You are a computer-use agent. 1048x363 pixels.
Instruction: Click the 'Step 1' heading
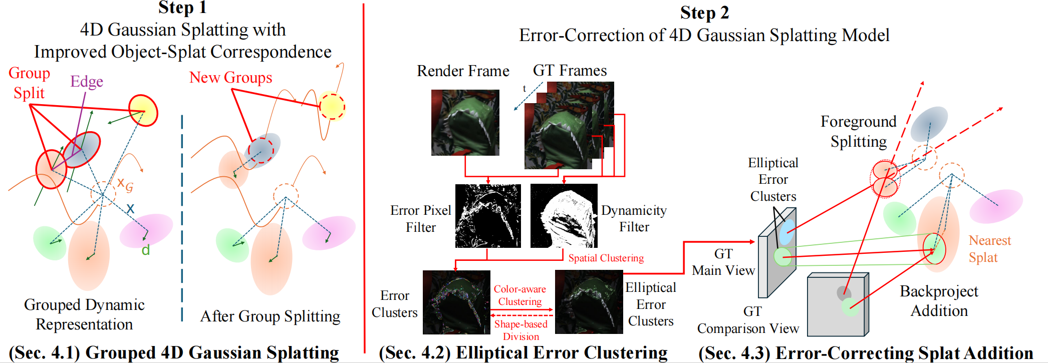182,8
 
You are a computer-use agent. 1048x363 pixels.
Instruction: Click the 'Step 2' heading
704,13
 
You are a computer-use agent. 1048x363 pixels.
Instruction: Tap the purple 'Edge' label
87,82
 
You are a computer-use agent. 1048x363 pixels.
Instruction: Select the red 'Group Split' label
29,83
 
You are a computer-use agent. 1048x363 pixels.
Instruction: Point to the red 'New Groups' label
230,78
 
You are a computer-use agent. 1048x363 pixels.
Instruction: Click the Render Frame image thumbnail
465,123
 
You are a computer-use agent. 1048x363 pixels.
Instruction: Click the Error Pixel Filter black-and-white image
487,216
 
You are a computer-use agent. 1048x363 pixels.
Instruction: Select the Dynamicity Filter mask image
564,216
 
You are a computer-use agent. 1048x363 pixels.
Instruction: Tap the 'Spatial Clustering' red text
606,258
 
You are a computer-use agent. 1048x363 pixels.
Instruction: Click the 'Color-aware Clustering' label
520,295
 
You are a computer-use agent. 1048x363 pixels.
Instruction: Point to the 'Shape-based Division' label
521,330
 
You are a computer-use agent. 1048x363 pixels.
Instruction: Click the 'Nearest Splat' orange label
989,249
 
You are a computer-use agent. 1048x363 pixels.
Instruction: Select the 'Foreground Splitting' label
858,131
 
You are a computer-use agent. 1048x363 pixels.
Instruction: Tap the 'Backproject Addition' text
939,301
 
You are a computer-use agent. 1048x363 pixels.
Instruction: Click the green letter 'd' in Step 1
146,250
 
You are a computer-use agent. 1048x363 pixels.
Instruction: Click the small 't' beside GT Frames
525,89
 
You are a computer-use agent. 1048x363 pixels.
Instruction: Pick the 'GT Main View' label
723,262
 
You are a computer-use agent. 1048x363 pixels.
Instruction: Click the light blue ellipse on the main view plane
787,227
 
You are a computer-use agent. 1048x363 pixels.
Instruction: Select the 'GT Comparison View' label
748,320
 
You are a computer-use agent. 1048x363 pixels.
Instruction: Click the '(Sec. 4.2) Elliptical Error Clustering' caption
523,352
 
